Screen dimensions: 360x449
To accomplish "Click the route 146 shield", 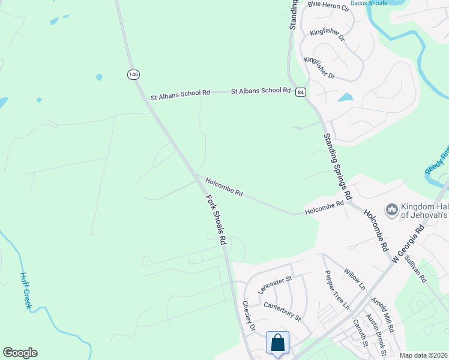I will tap(133, 74).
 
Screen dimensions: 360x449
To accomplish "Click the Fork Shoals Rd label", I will tap(215, 219).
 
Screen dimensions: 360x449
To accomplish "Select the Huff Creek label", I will tap(25, 290).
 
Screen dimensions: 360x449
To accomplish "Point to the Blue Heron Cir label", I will tap(328, 5).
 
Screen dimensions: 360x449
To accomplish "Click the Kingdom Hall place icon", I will tap(392, 209).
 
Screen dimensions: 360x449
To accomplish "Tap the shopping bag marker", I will tap(278, 343).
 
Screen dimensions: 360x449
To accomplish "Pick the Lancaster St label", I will tap(274, 284).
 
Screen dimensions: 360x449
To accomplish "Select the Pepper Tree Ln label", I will tap(337, 290).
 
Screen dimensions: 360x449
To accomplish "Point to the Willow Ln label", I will tap(354, 276).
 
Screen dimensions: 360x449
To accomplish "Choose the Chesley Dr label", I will tap(249, 316).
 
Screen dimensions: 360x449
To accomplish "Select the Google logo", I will tap(20, 353).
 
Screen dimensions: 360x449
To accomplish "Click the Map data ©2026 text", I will tap(423, 355).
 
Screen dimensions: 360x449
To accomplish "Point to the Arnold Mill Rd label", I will tap(382, 314).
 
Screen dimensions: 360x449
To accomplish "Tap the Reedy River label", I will tap(437, 162).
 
